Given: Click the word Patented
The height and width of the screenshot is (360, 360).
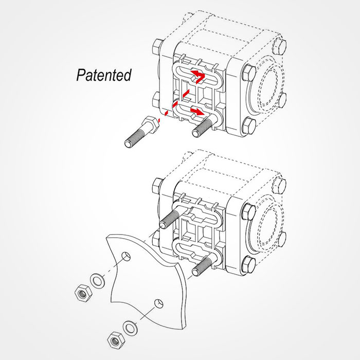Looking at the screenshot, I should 103,75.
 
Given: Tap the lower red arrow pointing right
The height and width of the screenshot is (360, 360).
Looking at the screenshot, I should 196,110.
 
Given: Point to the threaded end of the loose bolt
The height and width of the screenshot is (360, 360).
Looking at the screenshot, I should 133,138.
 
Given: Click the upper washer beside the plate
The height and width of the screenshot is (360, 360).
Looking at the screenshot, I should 96,280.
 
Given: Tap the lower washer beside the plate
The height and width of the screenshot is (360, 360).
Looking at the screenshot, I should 129,327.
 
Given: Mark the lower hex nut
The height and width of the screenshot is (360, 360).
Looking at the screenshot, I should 114,339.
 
